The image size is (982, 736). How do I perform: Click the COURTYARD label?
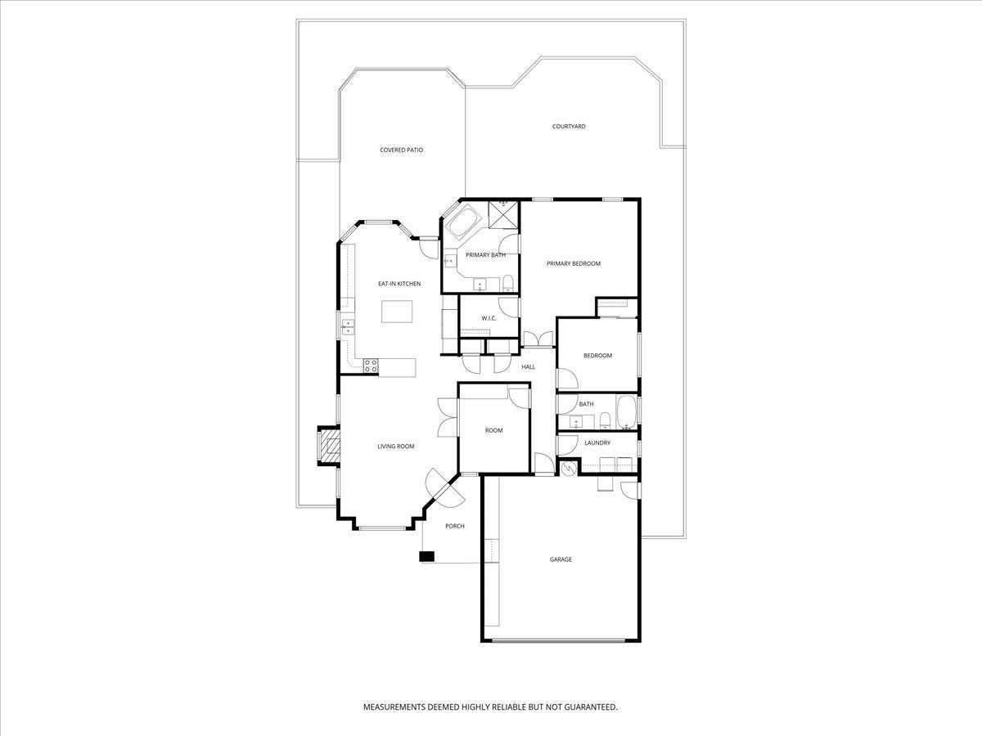point(569,127)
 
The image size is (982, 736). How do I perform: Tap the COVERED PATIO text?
point(401,150)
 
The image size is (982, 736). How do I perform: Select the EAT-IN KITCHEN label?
point(399,284)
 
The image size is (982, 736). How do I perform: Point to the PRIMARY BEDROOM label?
point(574,263)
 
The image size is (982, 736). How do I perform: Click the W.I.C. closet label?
point(489,318)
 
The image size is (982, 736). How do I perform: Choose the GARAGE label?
point(561,559)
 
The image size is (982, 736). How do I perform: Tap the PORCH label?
point(454,526)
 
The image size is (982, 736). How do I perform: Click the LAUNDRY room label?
point(597,443)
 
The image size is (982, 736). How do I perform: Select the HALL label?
point(529,367)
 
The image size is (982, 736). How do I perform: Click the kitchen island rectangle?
point(397,312)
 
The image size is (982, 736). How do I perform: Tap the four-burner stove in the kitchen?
point(371,366)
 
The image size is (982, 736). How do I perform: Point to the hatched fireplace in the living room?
point(329,446)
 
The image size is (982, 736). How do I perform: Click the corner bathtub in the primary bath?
point(464,221)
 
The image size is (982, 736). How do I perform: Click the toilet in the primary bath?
point(508,283)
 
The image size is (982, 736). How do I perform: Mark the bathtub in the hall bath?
point(626,411)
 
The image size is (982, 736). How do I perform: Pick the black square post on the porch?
point(427,556)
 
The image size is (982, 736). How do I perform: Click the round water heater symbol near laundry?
point(568,468)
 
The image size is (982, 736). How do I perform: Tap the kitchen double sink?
point(348,326)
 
